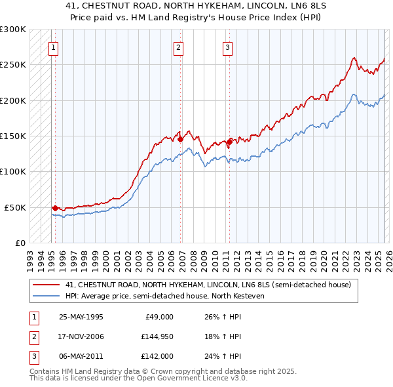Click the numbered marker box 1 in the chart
pyautogui.click(x=52, y=47)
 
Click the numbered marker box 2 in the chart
pyautogui.click(x=178, y=47)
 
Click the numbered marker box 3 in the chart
pyautogui.click(x=227, y=47)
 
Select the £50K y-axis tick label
pyautogui.click(x=15, y=207)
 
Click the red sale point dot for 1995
pyautogui.click(x=55, y=208)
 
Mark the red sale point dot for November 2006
pyautogui.click(x=181, y=139)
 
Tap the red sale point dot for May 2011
pyautogui.click(x=229, y=141)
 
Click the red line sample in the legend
pyautogui.click(x=47, y=285)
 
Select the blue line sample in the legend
pyautogui.click(x=47, y=296)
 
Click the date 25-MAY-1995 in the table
pyautogui.click(x=81, y=317)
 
